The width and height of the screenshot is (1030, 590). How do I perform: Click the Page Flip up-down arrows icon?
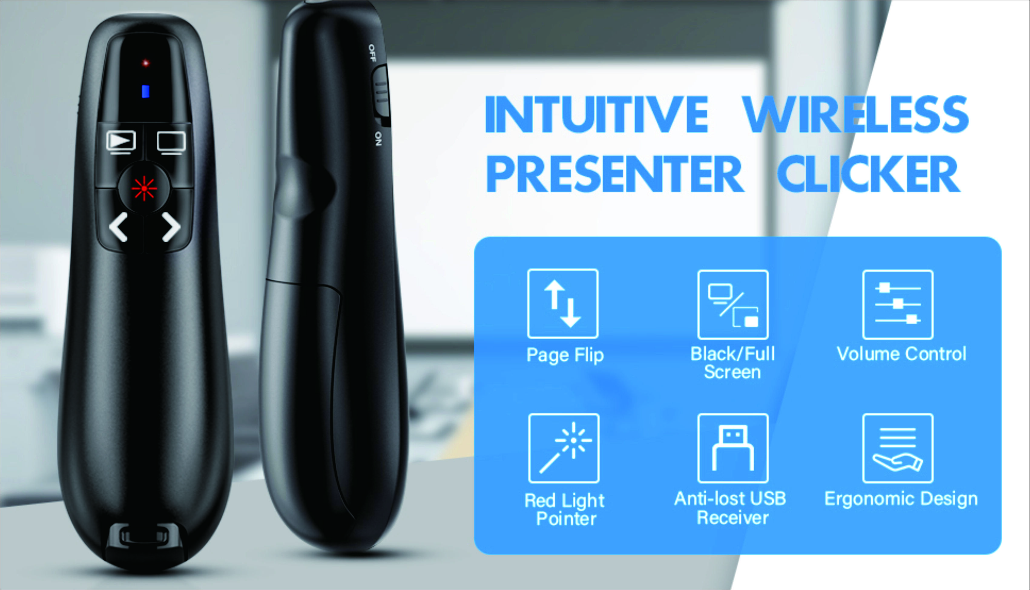pos(563,303)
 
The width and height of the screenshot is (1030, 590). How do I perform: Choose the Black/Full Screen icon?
pos(733,304)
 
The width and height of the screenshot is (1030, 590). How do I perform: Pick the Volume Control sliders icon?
pos(898,304)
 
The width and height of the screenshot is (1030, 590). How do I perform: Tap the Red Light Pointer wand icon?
pos(564,448)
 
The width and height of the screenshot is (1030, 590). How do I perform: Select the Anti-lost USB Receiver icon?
pos(733,448)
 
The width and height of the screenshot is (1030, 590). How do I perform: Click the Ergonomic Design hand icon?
pos(898,448)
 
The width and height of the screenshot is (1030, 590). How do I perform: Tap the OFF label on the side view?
pos(372,53)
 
